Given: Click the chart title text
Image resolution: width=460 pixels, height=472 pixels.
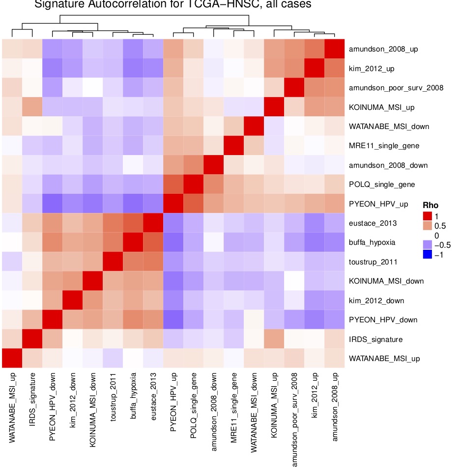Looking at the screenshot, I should point(172,5).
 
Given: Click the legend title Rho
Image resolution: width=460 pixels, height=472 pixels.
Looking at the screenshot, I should point(431,205).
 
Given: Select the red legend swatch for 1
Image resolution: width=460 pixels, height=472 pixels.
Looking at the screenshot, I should point(428,215).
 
